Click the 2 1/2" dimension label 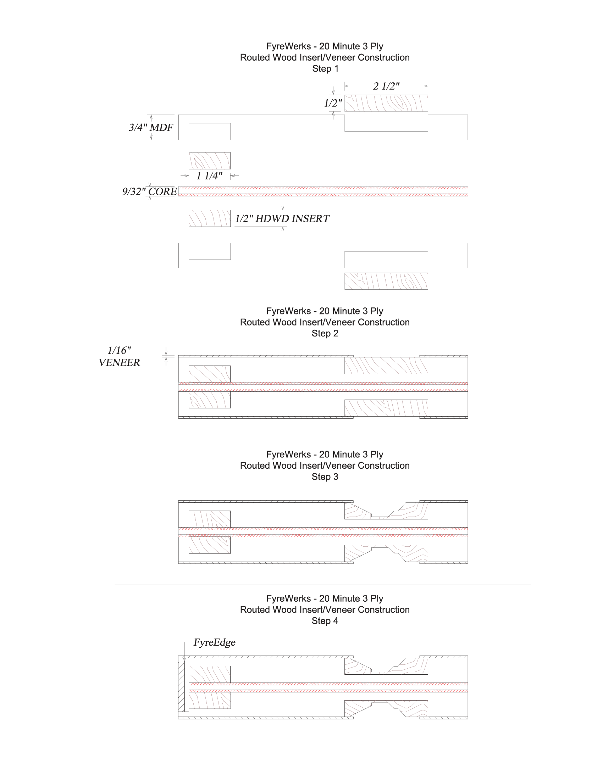tap(386, 86)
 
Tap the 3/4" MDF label tap(151, 127)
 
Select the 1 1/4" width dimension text tap(209, 176)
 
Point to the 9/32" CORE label tap(149, 191)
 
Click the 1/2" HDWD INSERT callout tap(282, 218)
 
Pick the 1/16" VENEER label tap(119, 356)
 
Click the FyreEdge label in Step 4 tap(214, 642)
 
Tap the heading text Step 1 tap(325, 68)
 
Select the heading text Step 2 tap(325, 333)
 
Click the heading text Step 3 tap(325, 477)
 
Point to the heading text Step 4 tap(325, 621)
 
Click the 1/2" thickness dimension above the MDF tap(333, 103)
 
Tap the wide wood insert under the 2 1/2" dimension tap(386, 103)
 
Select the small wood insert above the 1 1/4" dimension tap(210, 161)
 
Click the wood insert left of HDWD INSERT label tap(210, 218)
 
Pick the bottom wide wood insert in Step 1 tap(386, 281)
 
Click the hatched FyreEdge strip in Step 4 tap(181, 686)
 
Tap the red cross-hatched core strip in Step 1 tap(323, 191)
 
